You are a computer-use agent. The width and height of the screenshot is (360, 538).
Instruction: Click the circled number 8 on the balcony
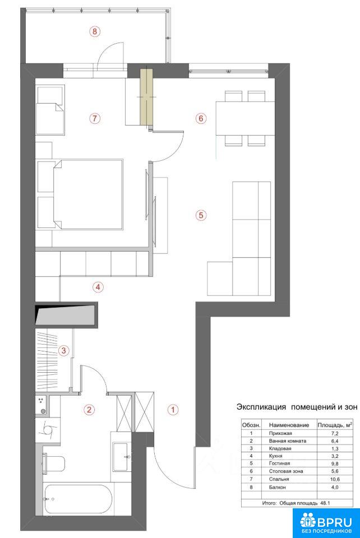pyautogui.click(x=95, y=31)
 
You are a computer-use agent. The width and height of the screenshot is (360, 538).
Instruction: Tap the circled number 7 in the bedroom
pyautogui.click(x=95, y=118)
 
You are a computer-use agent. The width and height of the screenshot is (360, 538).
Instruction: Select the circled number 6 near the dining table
pyautogui.click(x=201, y=118)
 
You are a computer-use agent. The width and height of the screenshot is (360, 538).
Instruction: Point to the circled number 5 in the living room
pyautogui.click(x=201, y=215)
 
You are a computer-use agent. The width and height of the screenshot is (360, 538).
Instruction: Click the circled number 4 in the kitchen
pyautogui.click(x=98, y=287)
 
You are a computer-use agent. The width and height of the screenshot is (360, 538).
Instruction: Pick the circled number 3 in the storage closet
pyautogui.click(x=64, y=351)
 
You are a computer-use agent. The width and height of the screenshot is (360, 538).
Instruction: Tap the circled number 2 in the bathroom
pyautogui.click(x=89, y=409)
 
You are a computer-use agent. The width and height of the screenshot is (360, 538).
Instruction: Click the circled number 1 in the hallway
pyautogui.click(x=173, y=409)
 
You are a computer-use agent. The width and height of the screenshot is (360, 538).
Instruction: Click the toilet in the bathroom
pyautogui.click(x=54, y=464)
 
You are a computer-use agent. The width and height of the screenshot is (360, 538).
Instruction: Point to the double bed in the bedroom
pyautogui.click(x=80, y=194)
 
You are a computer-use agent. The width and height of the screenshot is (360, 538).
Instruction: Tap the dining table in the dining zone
pyautogui.click(x=246, y=118)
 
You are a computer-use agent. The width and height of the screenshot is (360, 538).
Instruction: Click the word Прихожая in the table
pyautogui.click(x=280, y=433)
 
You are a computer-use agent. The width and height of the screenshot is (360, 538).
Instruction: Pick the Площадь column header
pyautogui.click(x=335, y=425)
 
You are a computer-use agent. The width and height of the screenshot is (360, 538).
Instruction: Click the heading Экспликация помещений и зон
pyautogui.click(x=297, y=407)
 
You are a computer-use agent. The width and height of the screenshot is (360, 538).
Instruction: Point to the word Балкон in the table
pyautogui.click(x=278, y=487)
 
